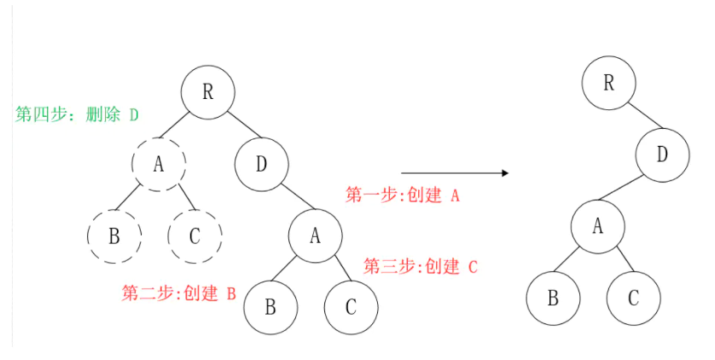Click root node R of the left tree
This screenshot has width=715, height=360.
(207, 91)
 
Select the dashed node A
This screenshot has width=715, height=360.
(159, 164)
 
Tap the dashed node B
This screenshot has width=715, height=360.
(113, 235)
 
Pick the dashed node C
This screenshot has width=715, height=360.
(195, 235)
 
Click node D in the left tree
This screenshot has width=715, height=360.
(261, 164)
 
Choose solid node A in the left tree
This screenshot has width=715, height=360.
(314, 235)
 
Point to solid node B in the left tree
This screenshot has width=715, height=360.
(270, 306)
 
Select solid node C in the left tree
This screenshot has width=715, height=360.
(351, 306)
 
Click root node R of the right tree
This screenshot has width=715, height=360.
(608, 83)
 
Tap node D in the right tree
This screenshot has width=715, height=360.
(662, 155)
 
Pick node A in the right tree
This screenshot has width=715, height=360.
(597, 226)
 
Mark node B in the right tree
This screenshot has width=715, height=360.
(552, 298)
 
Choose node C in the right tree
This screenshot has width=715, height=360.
(633, 298)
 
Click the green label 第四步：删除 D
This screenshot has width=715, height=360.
(77, 114)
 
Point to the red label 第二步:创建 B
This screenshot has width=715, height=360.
(178, 294)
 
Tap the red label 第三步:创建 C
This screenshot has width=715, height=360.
(421, 266)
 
